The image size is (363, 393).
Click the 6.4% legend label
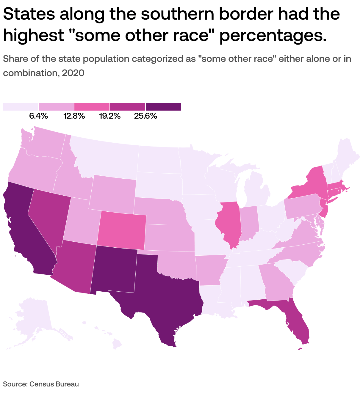click(x=38, y=116)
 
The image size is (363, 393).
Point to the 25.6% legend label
click(x=145, y=116)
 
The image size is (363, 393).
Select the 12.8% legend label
click(x=74, y=116)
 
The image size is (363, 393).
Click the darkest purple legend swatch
click(x=163, y=107)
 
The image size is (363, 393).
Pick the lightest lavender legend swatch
click(x=21, y=107)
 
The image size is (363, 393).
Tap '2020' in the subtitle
click(x=73, y=73)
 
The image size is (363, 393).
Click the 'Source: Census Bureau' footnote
click(x=41, y=384)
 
